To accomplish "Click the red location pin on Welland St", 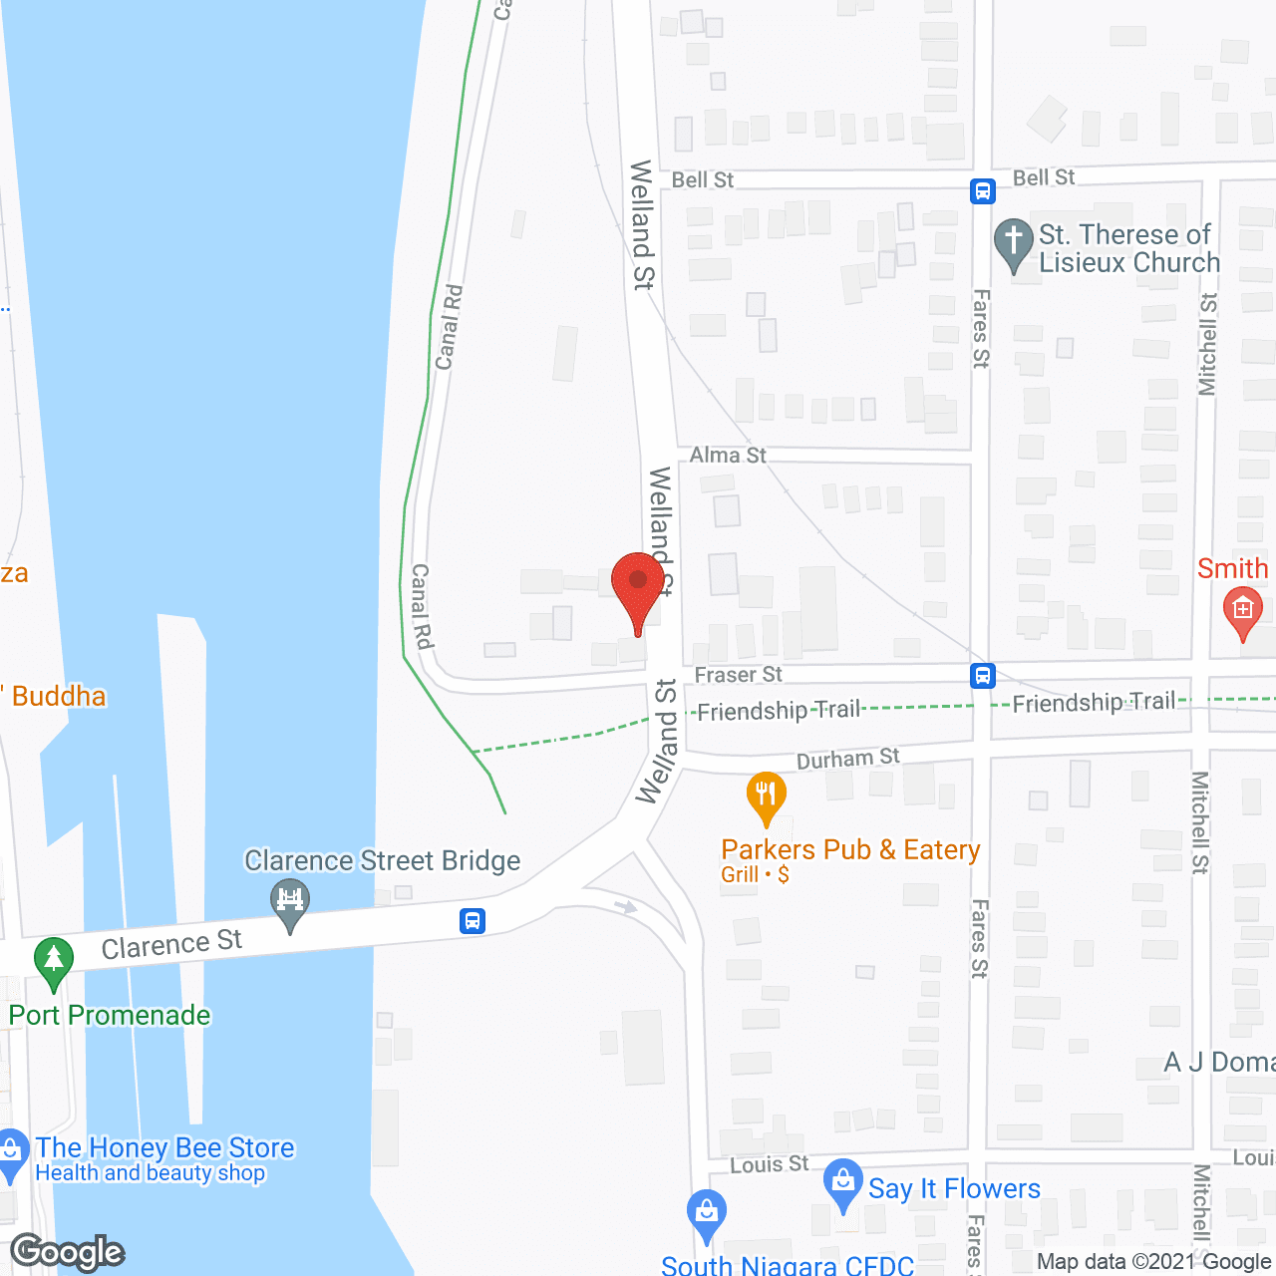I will (x=638, y=588).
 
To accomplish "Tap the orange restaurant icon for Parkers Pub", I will (x=766, y=796).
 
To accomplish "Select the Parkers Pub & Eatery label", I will (x=850, y=850).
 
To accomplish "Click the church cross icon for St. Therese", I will (x=1014, y=242).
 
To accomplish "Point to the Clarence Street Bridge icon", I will (x=290, y=901).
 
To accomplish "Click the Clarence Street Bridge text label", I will (x=383, y=860).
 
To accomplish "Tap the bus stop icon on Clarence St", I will (x=473, y=920).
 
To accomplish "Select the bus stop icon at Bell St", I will (x=983, y=190).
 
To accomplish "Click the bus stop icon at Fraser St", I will (x=983, y=676).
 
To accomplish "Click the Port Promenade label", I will (x=110, y=1015).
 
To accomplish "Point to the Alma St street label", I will (x=728, y=456).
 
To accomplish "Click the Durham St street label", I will (x=847, y=759).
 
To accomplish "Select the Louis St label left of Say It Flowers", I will (x=770, y=1164).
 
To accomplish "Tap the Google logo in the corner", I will (x=68, y=1252).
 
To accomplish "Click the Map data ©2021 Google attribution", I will (x=1153, y=1262).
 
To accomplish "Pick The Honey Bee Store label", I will (x=165, y=1148).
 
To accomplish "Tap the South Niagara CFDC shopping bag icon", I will (x=707, y=1213).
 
